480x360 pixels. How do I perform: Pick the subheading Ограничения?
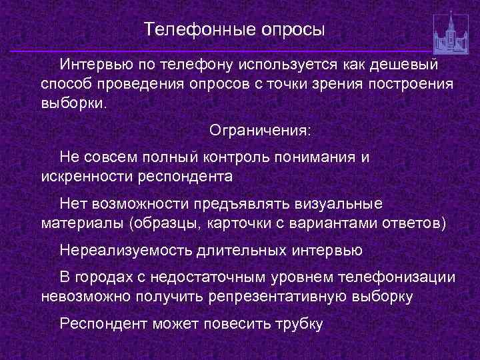(x=260, y=129)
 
